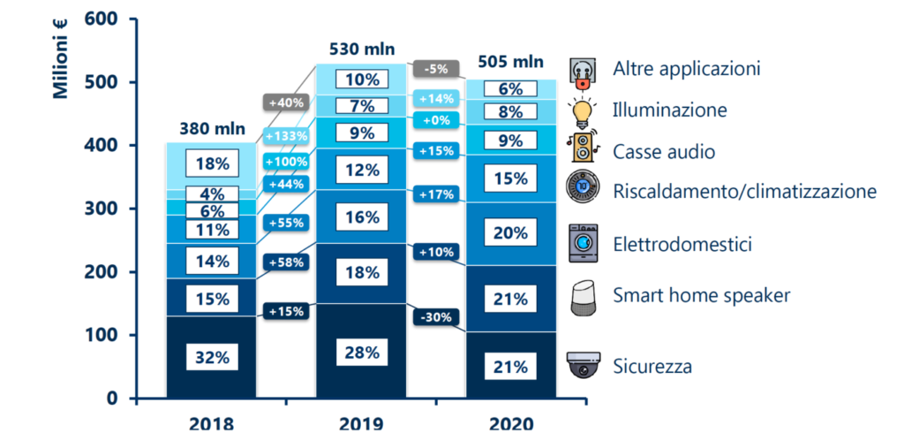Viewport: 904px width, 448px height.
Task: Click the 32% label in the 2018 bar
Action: (212, 358)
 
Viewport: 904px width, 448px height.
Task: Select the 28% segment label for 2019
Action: (362, 353)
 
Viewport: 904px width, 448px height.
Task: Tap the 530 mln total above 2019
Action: (362, 48)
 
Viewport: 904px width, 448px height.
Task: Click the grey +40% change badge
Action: (282, 102)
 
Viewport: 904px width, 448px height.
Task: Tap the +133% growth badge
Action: (286, 137)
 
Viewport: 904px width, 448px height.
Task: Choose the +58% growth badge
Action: (286, 262)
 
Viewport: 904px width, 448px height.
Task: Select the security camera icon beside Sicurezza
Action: (583, 364)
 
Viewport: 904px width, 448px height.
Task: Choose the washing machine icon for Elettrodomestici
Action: (583, 243)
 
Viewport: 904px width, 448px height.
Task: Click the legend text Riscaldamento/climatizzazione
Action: (744, 191)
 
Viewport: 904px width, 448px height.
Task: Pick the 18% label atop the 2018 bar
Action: (212, 163)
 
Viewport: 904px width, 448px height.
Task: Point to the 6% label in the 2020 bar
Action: (511, 89)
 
